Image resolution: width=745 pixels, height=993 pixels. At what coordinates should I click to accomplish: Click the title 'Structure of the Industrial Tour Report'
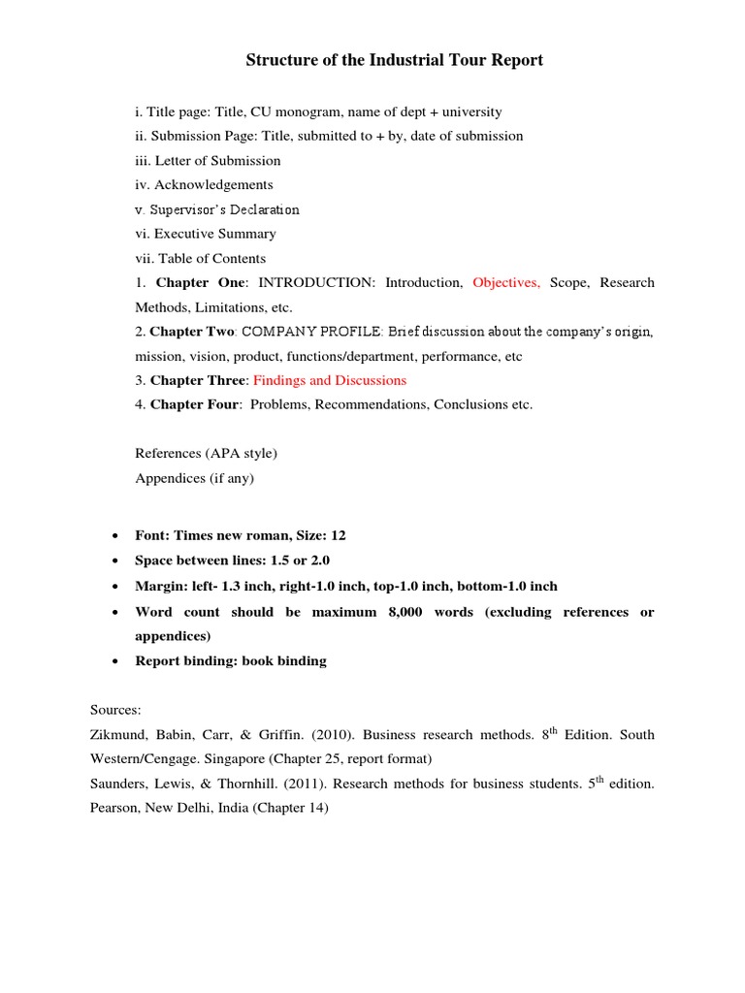click(x=394, y=60)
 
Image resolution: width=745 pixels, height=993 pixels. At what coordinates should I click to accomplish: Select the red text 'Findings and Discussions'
click(x=330, y=380)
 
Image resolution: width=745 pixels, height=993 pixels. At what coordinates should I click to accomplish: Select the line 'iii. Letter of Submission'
click(x=208, y=161)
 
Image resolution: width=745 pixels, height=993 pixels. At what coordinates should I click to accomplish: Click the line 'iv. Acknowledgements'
click(x=204, y=185)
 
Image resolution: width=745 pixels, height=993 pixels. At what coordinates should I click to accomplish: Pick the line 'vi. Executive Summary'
click(x=206, y=234)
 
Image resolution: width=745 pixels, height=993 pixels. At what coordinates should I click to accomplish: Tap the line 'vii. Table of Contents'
click(x=200, y=259)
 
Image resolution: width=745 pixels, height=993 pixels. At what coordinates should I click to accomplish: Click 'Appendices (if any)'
click(x=194, y=478)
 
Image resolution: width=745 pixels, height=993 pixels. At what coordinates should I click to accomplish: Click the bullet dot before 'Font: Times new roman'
click(x=116, y=536)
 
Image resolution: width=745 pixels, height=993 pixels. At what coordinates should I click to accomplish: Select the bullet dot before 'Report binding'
click(x=116, y=661)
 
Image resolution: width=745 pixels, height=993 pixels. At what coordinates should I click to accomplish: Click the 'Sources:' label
click(x=117, y=711)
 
